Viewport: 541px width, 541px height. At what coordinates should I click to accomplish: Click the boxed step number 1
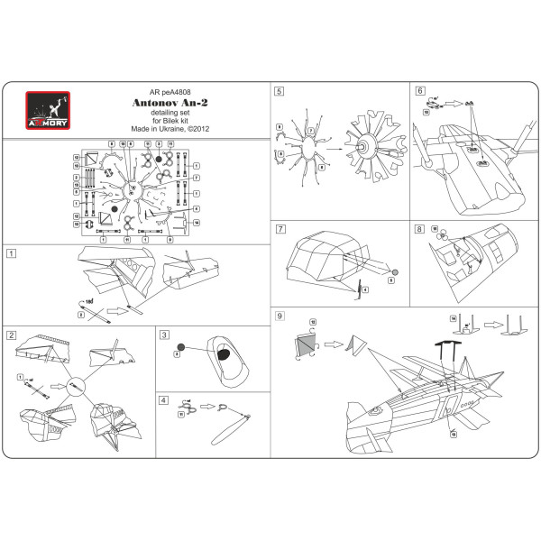[x=11, y=253]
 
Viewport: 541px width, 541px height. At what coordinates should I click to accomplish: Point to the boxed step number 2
[x=11, y=335]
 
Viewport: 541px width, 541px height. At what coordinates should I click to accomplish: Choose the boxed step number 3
[x=164, y=334]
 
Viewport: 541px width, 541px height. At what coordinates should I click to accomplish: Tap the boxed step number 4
[x=164, y=399]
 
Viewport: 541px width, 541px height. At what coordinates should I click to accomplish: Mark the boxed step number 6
[x=419, y=91]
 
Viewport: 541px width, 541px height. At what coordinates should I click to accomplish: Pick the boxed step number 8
[x=419, y=229]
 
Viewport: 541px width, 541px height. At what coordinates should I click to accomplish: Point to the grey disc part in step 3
[x=180, y=346]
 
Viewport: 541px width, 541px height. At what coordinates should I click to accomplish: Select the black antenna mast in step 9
[x=430, y=347]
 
